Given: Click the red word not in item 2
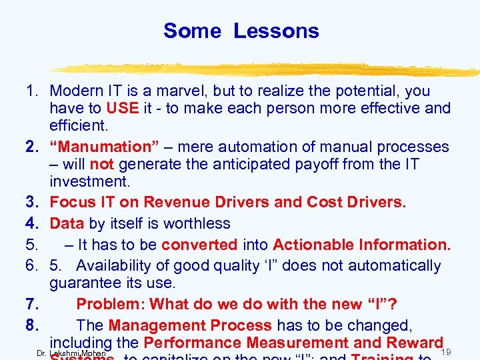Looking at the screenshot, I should [x=102, y=164].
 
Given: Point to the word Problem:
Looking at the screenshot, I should [x=111, y=304].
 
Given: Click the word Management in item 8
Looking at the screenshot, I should [x=156, y=325].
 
